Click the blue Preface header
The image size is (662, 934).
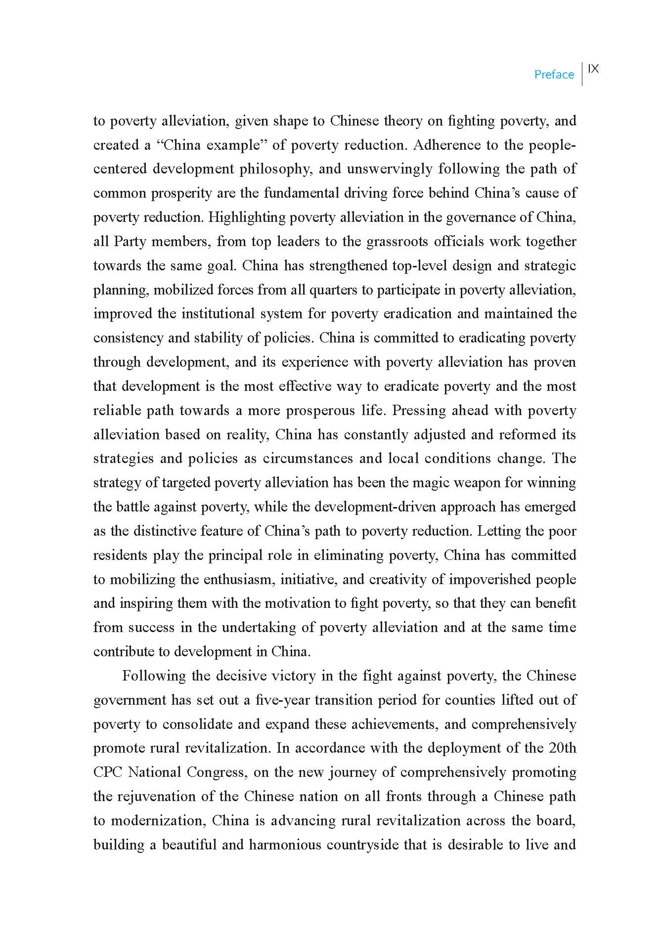point(554,75)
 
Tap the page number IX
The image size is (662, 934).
point(594,69)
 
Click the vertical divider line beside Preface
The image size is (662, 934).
point(582,74)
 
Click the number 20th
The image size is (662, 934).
point(562,748)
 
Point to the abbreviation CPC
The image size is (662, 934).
point(108,772)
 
